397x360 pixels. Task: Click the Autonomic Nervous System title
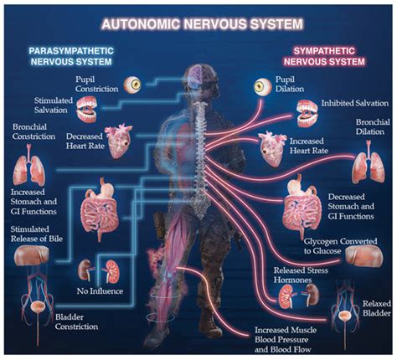(x=203, y=24)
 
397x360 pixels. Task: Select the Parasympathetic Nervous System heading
(x=71, y=56)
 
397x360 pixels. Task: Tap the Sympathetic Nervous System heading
(x=324, y=56)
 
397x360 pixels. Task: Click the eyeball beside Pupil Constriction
(x=132, y=85)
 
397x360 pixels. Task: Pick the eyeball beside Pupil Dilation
(x=263, y=86)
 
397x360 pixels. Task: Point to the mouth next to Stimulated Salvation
(x=87, y=109)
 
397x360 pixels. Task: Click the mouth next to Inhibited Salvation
(x=307, y=113)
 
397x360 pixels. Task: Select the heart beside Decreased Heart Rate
(x=118, y=141)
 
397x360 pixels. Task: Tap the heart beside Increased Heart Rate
(x=272, y=148)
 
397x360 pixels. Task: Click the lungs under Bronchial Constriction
(x=28, y=165)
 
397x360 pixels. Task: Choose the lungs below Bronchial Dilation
(x=369, y=162)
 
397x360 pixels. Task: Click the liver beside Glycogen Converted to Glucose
(x=364, y=255)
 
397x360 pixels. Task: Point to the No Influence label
(x=100, y=291)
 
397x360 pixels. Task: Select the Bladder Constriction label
(x=76, y=321)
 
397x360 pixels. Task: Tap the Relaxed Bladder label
(x=377, y=308)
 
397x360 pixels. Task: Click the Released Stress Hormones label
(x=301, y=275)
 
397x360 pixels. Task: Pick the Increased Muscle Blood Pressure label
(x=286, y=340)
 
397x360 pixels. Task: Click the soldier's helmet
(x=200, y=75)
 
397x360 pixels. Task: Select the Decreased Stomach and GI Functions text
(x=351, y=207)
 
